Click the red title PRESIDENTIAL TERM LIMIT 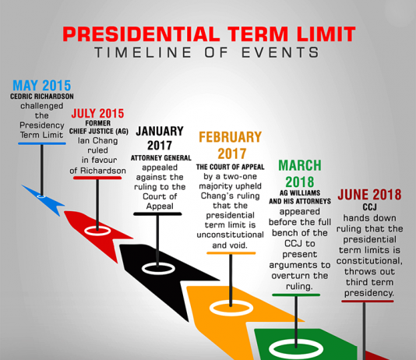pyautogui.click(x=209, y=34)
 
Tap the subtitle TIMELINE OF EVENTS pyautogui.click(x=207, y=52)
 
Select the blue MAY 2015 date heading pyautogui.click(x=41, y=86)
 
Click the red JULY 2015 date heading pyautogui.click(x=97, y=114)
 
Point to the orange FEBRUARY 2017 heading pyautogui.click(x=231, y=145)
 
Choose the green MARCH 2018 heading pyautogui.click(x=300, y=174)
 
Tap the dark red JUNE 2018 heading pyautogui.click(x=369, y=195)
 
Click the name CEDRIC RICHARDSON pyautogui.click(x=42, y=97)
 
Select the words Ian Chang pyautogui.click(x=97, y=140)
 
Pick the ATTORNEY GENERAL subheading pyautogui.click(x=160, y=158)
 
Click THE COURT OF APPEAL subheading pyautogui.click(x=231, y=167)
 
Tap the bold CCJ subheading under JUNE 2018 pyautogui.click(x=369, y=207)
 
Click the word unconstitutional pyautogui.click(x=231, y=235)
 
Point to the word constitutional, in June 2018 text pyautogui.click(x=369, y=261)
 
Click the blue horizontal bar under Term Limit pyautogui.click(x=42, y=143)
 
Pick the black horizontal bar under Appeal pyautogui.click(x=157, y=214)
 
